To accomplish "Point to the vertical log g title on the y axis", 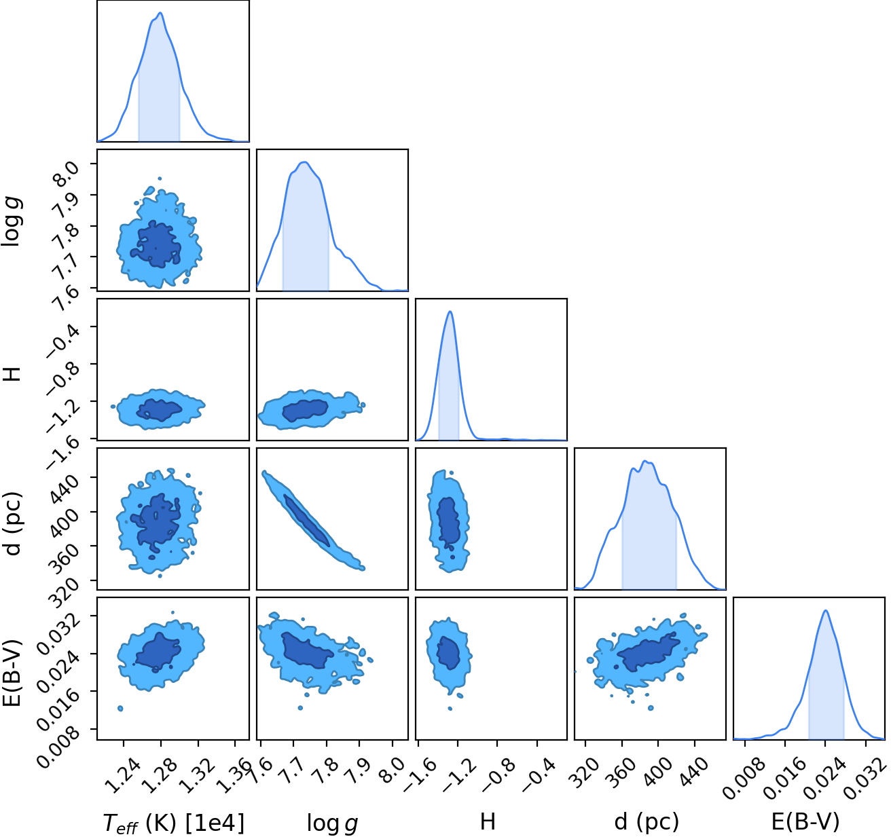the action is coord(12,222).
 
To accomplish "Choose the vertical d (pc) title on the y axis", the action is coord(12,524).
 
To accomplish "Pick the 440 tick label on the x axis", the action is coord(694,765).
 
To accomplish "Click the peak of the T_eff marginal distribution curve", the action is coord(160,13).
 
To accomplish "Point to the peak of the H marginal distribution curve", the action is coord(450,312).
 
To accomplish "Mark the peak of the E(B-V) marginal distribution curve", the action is coord(826,610).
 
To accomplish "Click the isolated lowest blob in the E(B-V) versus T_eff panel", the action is coord(120,708).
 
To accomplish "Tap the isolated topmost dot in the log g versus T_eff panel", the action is coord(160,179).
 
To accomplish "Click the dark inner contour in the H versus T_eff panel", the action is coord(160,409).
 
